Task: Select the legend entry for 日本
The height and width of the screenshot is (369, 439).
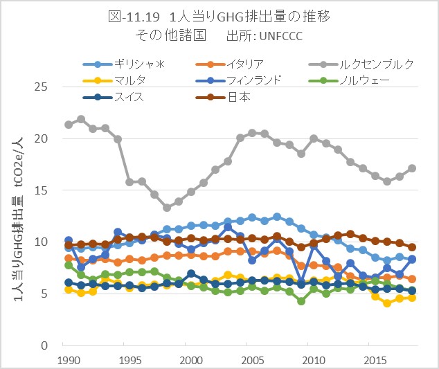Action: [x=238, y=97]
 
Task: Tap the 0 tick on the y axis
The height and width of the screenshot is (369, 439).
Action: [x=48, y=345]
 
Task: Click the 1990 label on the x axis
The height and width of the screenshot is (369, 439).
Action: [x=69, y=361]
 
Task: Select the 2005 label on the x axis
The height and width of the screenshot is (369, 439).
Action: [x=252, y=361]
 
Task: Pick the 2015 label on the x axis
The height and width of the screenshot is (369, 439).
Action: [x=375, y=361]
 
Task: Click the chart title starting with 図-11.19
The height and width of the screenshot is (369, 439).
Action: [x=219, y=17]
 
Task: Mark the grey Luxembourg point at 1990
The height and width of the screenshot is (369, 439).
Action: [x=69, y=125]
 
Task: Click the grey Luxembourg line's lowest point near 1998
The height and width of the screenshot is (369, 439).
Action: [x=167, y=208]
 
